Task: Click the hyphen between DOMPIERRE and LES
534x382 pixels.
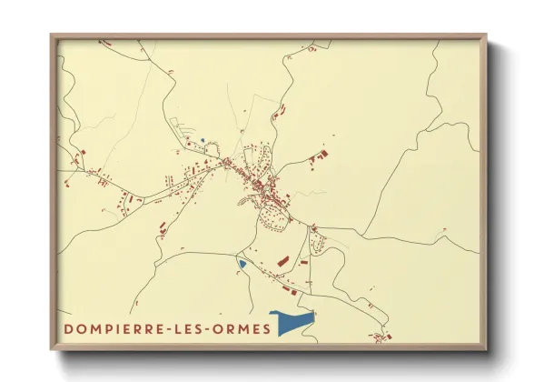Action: (x=168, y=329)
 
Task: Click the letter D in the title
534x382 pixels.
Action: (x=69, y=329)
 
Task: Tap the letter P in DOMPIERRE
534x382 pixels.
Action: (x=108, y=329)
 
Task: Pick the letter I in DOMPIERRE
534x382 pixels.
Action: (x=119, y=329)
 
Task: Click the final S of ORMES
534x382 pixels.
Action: (x=265, y=329)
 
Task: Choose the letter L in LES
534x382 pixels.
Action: (x=179, y=329)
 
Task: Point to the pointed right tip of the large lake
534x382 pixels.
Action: (x=314, y=314)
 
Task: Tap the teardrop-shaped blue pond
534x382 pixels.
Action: (x=242, y=264)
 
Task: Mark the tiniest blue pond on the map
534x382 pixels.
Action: (x=203, y=139)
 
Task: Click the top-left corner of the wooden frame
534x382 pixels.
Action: (x=52, y=36)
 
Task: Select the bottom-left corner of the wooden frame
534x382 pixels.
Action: (x=52, y=349)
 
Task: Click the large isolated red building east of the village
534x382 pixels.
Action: (x=321, y=155)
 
